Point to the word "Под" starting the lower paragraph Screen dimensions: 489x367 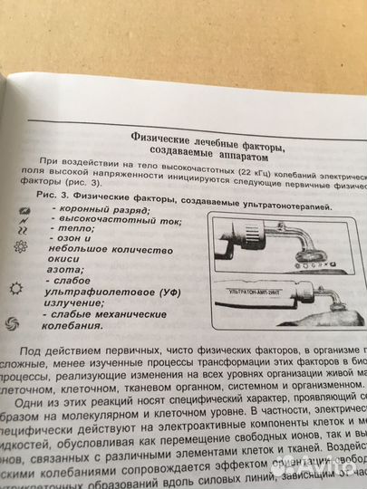[56, 349]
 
